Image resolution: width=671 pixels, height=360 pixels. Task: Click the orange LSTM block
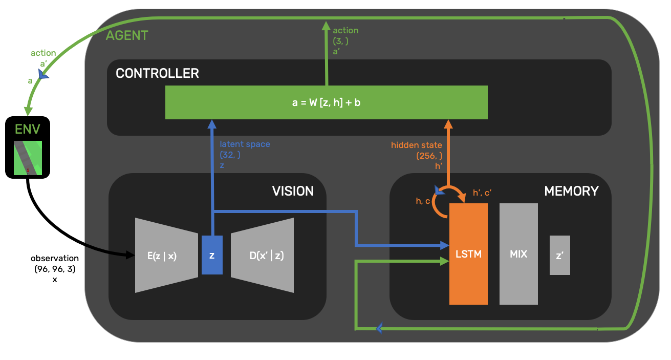click(x=468, y=253)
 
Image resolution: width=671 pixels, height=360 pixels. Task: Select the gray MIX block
click(x=518, y=253)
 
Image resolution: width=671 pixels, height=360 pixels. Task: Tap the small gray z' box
click(x=560, y=255)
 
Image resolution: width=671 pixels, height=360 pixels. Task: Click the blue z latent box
click(x=212, y=255)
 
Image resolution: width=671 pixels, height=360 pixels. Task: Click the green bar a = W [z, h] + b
click(x=326, y=102)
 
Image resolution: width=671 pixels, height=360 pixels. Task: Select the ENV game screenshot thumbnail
click(x=28, y=157)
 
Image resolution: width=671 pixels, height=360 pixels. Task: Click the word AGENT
click(x=127, y=35)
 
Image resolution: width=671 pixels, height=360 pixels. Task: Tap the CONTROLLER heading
click(x=157, y=73)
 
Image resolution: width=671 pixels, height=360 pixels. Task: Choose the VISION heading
click(x=293, y=191)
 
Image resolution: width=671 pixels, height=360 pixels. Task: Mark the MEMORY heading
click(x=571, y=191)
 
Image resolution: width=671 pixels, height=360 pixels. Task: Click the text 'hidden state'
click(x=416, y=145)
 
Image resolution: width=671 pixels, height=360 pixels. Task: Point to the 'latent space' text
click(x=245, y=144)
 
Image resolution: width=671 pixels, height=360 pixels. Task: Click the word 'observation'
click(x=55, y=258)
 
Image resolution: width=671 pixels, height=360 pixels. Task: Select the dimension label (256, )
click(x=429, y=155)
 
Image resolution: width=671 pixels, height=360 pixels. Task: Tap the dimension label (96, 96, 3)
click(x=55, y=269)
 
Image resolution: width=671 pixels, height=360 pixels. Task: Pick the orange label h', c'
click(x=483, y=193)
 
